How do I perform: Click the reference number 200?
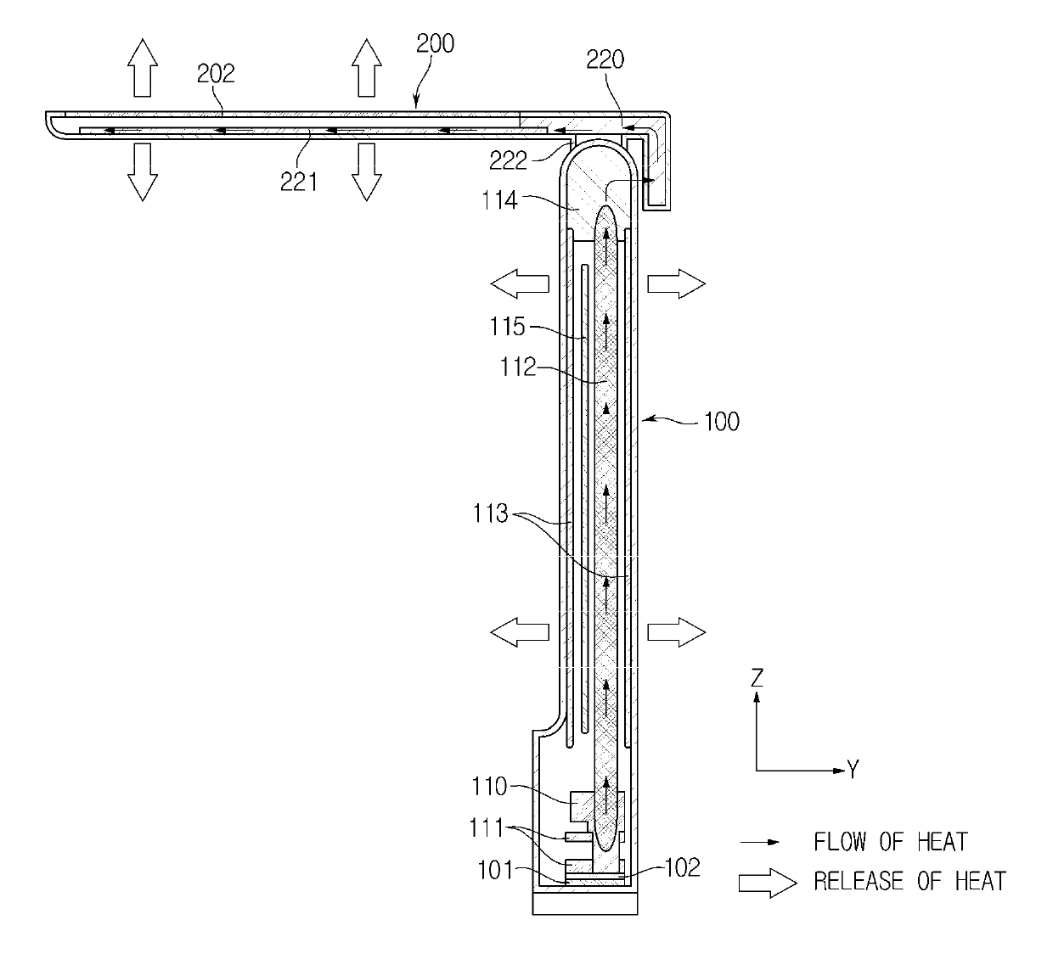435,43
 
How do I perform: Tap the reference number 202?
216,74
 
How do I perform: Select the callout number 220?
605,59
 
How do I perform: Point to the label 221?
299,182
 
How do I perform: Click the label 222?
508,160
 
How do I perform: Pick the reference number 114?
499,200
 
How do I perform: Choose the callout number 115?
507,327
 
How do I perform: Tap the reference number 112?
518,367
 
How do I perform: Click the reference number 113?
491,513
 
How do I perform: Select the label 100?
721,421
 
